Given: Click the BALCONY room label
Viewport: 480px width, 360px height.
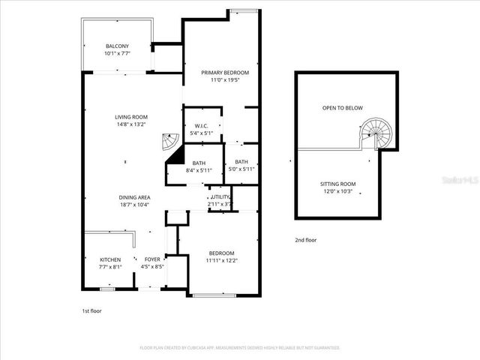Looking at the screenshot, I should click(x=116, y=46).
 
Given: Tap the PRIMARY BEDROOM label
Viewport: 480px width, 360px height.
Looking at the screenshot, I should click(x=224, y=73).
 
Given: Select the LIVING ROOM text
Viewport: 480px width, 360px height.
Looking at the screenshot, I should click(x=130, y=117).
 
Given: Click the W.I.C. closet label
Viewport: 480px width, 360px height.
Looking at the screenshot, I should click(x=201, y=125).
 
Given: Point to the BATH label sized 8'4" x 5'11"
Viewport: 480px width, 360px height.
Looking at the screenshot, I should click(x=199, y=163).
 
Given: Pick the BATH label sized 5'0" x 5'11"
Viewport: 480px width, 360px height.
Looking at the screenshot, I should click(x=241, y=162).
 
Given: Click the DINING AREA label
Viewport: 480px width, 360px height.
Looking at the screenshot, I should click(x=133, y=198).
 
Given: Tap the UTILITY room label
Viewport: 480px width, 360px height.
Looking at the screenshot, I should click(x=220, y=196).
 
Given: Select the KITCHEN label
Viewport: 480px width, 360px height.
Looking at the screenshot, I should click(x=109, y=259).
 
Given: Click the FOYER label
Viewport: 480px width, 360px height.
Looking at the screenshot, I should click(x=152, y=259).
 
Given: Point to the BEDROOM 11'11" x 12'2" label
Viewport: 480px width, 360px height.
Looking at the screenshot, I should click(x=221, y=253).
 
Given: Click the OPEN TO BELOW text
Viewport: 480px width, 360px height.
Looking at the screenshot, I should click(x=342, y=108).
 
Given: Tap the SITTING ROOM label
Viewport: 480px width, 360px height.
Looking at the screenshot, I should click(x=337, y=184).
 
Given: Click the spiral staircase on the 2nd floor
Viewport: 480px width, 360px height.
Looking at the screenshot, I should click(x=374, y=134).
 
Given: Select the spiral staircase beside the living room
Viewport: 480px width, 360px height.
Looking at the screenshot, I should click(x=171, y=142).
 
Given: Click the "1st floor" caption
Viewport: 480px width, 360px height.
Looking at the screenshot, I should click(x=92, y=310).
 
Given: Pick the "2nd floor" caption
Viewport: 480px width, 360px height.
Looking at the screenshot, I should click(x=305, y=240).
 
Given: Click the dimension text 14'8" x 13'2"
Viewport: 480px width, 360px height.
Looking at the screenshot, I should click(x=130, y=124).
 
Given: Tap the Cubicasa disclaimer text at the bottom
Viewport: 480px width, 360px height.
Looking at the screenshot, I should click(x=240, y=348).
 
